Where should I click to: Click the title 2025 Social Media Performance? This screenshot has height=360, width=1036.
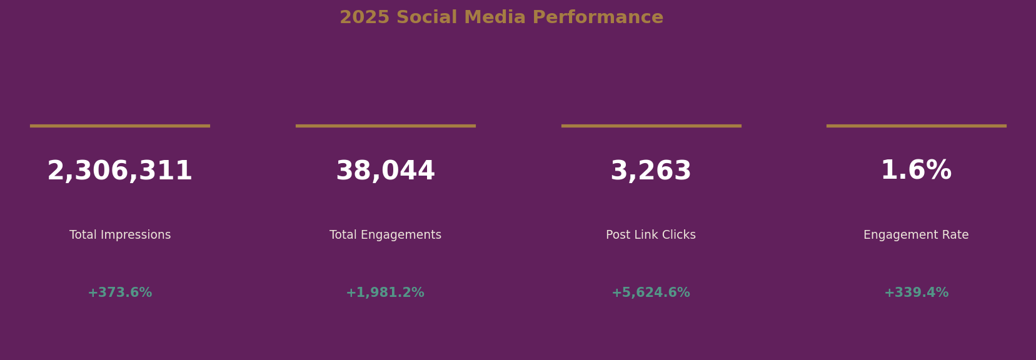pyautogui.click(x=501, y=17)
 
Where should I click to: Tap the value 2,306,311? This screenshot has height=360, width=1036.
pyautogui.click(x=120, y=171)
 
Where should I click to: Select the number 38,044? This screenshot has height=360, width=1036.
pyautogui.click(x=385, y=171)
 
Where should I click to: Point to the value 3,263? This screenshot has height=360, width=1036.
pyautogui.click(x=651, y=171)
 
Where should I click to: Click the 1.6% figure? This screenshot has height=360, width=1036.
pyautogui.click(x=916, y=171)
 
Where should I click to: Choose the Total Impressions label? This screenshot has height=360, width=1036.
pyautogui.click(x=120, y=235)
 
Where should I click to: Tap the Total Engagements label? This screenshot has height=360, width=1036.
pyautogui.click(x=385, y=235)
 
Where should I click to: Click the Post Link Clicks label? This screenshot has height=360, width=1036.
pyautogui.click(x=651, y=235)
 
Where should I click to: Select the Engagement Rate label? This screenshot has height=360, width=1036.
pyautogui.click(x=916, y=235)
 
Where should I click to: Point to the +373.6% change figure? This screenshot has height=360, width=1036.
pyautogui.click(x=120, y=292)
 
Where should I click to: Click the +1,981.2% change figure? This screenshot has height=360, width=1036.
pyautogui.click(x=385, y=292)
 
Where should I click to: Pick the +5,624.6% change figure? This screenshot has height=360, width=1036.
pyautogui.click(x=651, y=292)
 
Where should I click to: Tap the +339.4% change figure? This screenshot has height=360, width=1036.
pyautogui.click(x=916, y=292)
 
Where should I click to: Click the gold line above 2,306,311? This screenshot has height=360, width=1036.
pyautogui.click(x=120, y=126)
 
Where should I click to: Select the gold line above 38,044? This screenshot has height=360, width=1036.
pyautogui.click(x=385, y=126)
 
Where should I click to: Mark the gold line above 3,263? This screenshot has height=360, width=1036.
pyautogui.click(x=651, y=126)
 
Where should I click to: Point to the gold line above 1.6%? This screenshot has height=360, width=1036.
pyautogui.click(x=916, y=126)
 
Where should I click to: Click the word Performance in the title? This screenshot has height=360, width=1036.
pyautogui.click(x=598, y=17)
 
